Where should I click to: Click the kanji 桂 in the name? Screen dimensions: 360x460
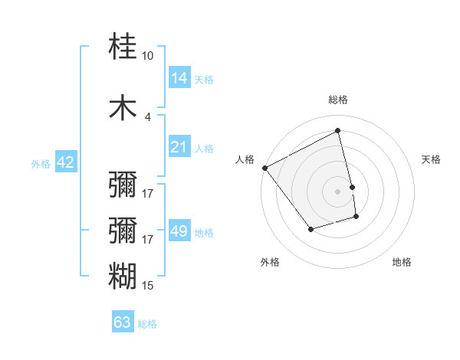123,47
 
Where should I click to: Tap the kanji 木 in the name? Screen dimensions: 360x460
123,107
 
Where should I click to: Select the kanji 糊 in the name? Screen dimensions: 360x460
123,276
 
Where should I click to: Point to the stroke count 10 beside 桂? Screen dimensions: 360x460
147,56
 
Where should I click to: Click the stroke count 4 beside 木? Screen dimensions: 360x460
147,116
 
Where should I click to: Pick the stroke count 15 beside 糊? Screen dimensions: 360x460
147,286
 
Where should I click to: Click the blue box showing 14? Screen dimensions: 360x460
179,78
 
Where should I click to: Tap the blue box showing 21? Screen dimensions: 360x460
179,147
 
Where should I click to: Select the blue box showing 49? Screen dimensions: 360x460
179,231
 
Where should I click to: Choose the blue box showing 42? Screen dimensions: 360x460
65,162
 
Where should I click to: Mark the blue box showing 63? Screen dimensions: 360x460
123,322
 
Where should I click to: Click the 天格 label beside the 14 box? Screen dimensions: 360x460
204,79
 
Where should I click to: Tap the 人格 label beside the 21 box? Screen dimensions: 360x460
204,148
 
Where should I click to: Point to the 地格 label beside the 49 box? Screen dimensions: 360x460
204,232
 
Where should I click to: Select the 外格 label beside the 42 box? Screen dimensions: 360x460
41,163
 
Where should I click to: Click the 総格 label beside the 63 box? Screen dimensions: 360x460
147,323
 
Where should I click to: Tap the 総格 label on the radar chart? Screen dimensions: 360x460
337,100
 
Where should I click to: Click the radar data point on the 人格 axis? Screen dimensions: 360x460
264,168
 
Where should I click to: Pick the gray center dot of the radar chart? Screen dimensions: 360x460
337,191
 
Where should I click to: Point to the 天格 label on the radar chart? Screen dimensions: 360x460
431,159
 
